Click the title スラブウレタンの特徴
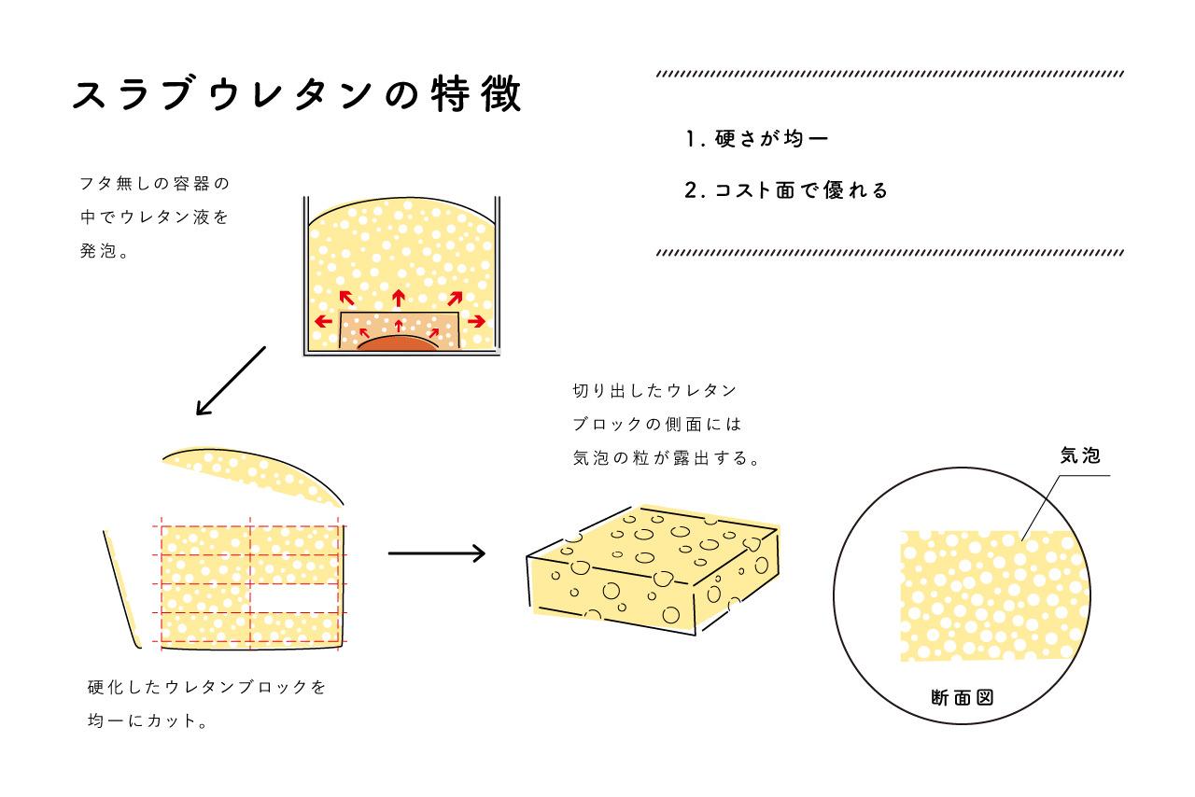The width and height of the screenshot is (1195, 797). point(297,95)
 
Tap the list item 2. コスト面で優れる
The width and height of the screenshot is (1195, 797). point(786,191)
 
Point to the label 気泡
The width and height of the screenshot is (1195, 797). point(1080,455)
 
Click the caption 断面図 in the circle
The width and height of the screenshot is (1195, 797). point(962,696)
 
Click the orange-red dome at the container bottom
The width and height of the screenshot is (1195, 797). point(399,343)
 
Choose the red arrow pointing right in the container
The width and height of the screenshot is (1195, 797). point(475,321)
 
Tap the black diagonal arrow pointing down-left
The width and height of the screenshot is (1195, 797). point(231,381)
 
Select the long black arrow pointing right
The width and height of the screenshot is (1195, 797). point(436,553)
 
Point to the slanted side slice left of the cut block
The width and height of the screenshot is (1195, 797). point(123,588)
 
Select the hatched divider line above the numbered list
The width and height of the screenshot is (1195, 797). point(891,74)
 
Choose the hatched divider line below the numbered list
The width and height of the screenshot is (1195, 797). point(891,253)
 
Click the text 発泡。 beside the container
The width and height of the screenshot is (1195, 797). point(105,252)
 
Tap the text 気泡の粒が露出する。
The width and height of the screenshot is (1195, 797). point(665,458)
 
